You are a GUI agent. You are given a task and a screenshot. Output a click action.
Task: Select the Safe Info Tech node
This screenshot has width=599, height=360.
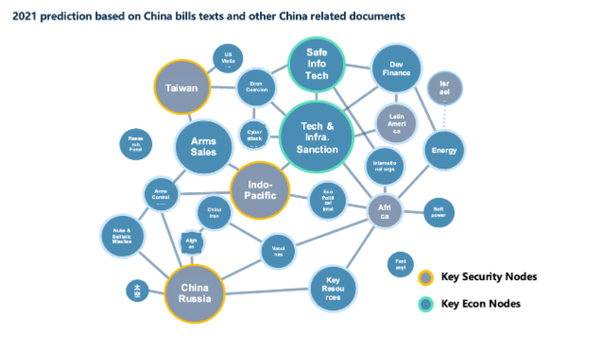tap(317, 65)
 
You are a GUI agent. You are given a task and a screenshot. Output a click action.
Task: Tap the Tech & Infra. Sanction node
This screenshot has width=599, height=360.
tap(317, 138)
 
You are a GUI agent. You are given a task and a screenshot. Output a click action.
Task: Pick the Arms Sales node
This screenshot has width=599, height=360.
tap(204, 147)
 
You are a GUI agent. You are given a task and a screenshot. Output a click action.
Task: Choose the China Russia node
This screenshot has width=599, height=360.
tap(195, 292)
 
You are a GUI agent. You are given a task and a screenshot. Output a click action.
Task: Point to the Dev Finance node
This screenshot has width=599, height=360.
tap(395, 69)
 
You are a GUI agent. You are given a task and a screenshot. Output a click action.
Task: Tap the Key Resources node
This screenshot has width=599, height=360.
tap(333, 289)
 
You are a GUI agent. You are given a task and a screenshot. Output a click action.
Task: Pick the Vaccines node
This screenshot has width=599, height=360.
tap(277, 251)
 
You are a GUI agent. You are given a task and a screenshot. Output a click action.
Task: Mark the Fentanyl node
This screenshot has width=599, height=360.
tap(401, 265)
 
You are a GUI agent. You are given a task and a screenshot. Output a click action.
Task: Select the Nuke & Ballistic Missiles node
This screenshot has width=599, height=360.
tap(122, 235)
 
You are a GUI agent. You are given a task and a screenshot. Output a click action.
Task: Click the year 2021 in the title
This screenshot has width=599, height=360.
tap(26, 14)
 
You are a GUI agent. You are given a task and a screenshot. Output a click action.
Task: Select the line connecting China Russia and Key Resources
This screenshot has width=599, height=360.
tap(266, 292)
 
